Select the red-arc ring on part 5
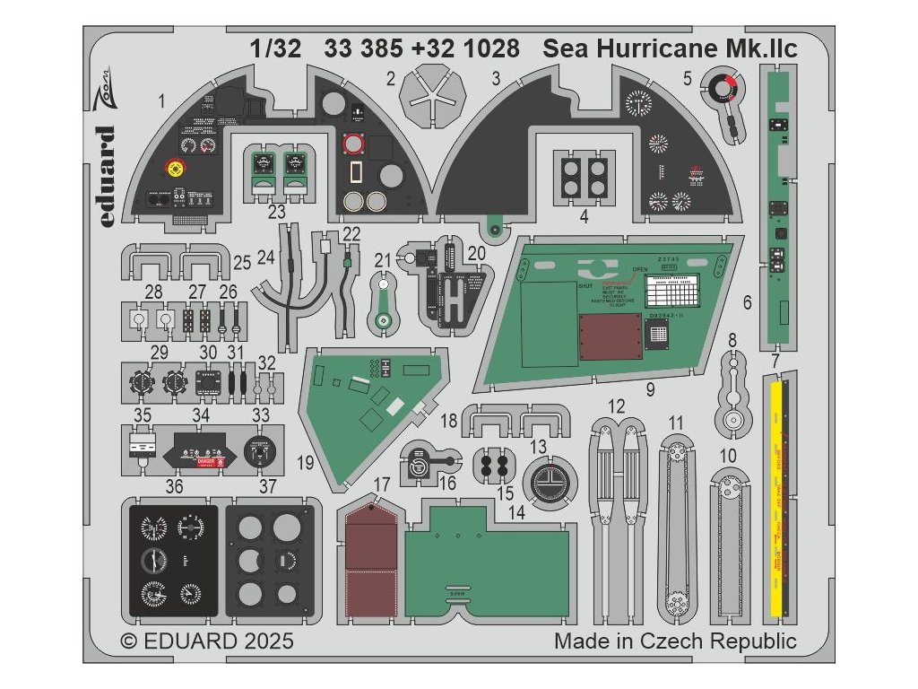tap(723, 89)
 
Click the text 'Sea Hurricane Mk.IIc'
tap(671, 48)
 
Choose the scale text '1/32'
tap(275, 48)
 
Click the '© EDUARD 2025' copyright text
tap(207, 642)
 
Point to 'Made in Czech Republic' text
tap(675, 642)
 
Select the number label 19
tap(306, 463)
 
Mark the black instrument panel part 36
tap(173, 559)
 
